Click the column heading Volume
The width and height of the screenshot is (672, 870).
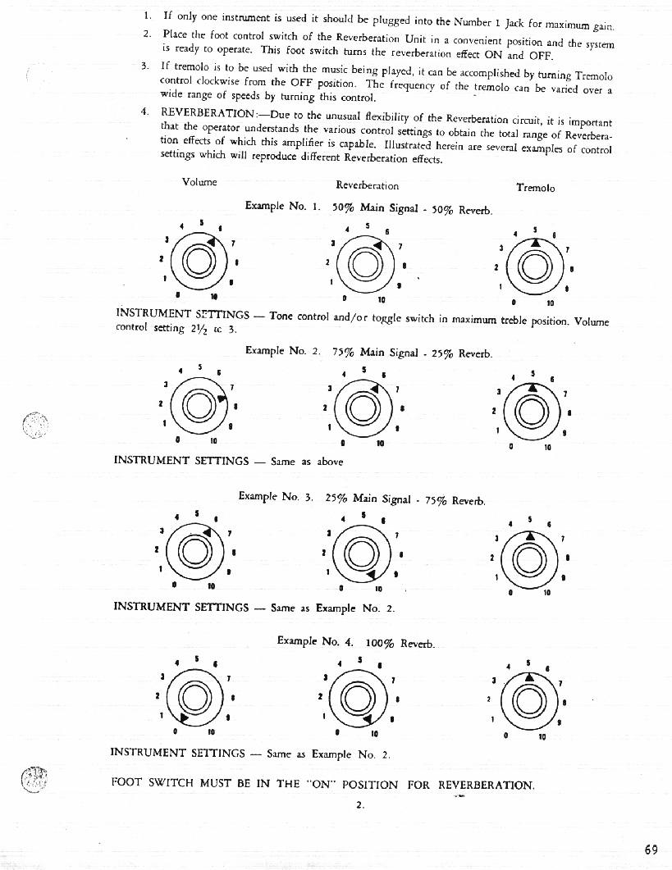(x=199, y=182)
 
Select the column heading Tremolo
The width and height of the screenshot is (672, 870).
(x=535, y=188)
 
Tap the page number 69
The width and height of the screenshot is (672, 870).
(x=651, y=850)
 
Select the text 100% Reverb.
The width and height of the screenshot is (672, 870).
(x=393, y=642)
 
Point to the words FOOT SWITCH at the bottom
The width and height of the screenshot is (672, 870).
(x=153, y=783)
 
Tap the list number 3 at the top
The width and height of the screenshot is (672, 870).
(x=145, y=65)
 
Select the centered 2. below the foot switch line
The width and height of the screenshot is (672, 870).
(x=359, y=805)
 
